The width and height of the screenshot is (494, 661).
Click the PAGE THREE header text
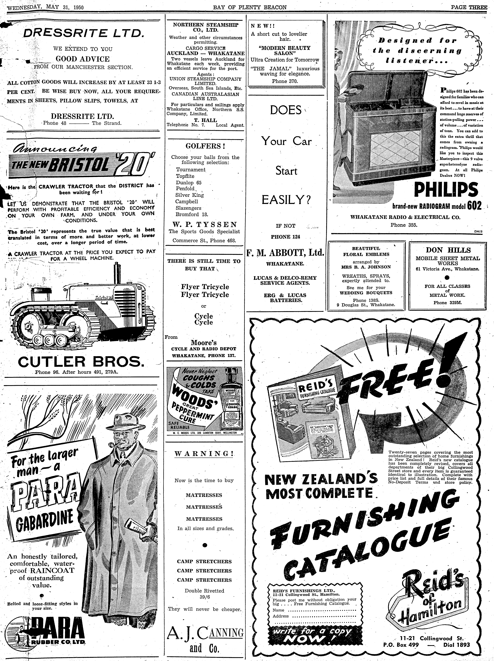469,7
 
